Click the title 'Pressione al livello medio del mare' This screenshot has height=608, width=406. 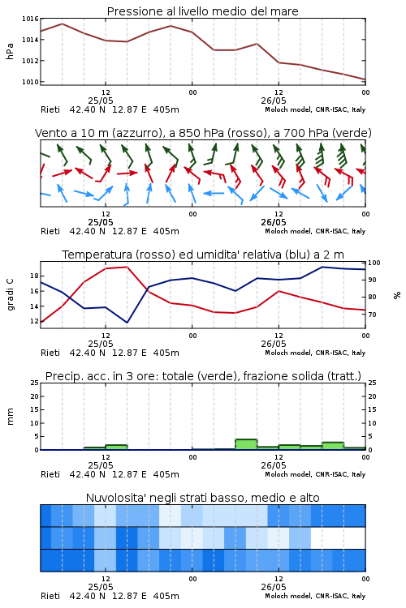point(202,11)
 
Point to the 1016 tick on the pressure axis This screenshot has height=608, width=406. point(30,19)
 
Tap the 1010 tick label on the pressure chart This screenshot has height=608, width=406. point(30,82)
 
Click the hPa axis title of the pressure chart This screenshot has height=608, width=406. point(10,51)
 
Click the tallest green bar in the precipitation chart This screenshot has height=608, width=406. point(246,444)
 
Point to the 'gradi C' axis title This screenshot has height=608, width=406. point(10,295)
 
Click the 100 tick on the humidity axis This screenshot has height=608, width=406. point(374,263)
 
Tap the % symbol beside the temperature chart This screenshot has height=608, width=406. point(397,295)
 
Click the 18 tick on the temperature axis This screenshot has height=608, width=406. point(34,276)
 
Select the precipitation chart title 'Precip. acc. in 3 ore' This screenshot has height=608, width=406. point(100,376)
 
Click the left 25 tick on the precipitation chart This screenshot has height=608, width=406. point(34,383)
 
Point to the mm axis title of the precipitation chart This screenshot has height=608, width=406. point(10,417)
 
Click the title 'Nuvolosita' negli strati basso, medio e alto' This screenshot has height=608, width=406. point(202,498)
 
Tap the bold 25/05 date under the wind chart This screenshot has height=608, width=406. point(101,223)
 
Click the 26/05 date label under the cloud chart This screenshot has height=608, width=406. point(274,587)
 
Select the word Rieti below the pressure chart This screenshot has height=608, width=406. point(50,109)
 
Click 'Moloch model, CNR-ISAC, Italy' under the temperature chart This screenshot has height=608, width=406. point(315,353)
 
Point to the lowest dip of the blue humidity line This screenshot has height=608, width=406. point(127,323)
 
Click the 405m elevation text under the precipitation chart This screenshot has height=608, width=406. point(166,474)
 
